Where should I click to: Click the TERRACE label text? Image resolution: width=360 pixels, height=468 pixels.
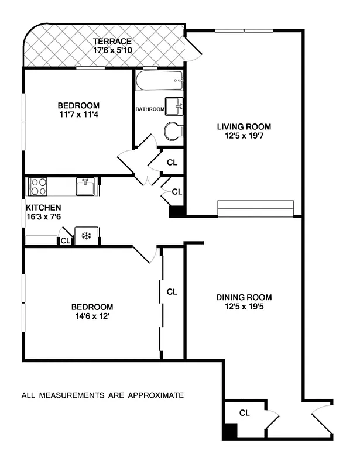click(x=112, y=41)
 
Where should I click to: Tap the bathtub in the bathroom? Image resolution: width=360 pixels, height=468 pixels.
click(x=159, y=81)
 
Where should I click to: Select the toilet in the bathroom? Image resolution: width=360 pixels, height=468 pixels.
click(x=173, y=132)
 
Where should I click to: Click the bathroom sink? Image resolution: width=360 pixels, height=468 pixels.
click(x=174, y=106)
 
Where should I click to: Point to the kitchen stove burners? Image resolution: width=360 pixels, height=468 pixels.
click(x=38, y=187)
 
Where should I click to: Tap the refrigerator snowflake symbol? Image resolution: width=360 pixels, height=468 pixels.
click(x=86, y=236)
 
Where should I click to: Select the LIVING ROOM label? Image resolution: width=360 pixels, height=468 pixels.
click(x=244, y=126)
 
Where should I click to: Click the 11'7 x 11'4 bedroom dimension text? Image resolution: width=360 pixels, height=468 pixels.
click(x=78, y=115)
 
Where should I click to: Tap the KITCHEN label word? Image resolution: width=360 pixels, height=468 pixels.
click(x=43, y=207)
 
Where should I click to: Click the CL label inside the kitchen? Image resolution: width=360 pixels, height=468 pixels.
click(x=65, y=240)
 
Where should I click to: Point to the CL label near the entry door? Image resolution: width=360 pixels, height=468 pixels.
click(x=244, y=413)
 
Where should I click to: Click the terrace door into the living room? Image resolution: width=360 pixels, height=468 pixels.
click(x=193, y=48)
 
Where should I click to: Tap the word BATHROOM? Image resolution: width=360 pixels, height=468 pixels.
click(x=150, y=109)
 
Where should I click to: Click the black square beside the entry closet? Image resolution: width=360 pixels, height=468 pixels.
click(x=230, y=432)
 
